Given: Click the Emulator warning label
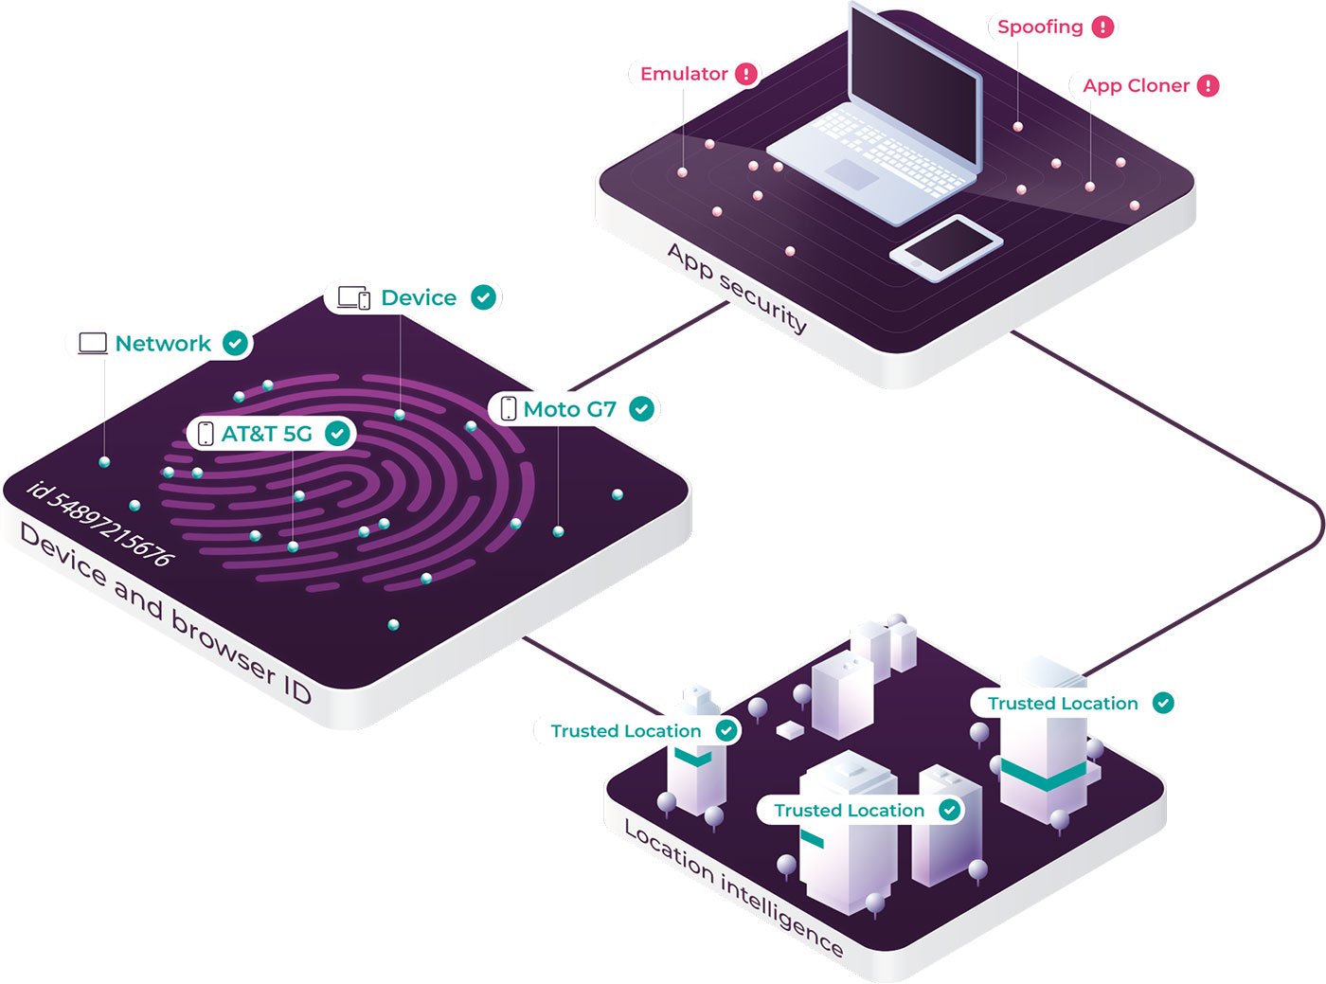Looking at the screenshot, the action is [684, 74].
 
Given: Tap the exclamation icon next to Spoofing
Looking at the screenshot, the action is [1103, 27].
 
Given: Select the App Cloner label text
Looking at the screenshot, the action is [1136, 86].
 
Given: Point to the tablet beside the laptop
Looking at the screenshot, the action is [946, 247].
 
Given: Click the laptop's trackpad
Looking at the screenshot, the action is [851, 174].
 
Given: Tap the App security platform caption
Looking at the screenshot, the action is [737, 288].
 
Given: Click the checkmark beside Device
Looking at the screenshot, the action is [483, 297].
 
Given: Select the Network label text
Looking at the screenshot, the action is [163, 344].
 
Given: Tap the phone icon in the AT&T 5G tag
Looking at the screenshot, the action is [206, 434].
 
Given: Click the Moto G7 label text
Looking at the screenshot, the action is [570, 409].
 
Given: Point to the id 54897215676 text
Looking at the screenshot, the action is [100, 524].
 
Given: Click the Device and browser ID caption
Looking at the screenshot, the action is [166, 612].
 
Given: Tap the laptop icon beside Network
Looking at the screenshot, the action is [93, 344].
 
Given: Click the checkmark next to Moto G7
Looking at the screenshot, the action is [641, 409].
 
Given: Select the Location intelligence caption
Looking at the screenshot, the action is [734, 886].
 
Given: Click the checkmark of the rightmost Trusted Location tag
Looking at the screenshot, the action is [1163, 703].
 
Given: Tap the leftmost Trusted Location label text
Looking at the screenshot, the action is [626, 731].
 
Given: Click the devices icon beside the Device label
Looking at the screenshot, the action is [354, 297].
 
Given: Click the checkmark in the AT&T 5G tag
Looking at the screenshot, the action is [337, 434].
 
